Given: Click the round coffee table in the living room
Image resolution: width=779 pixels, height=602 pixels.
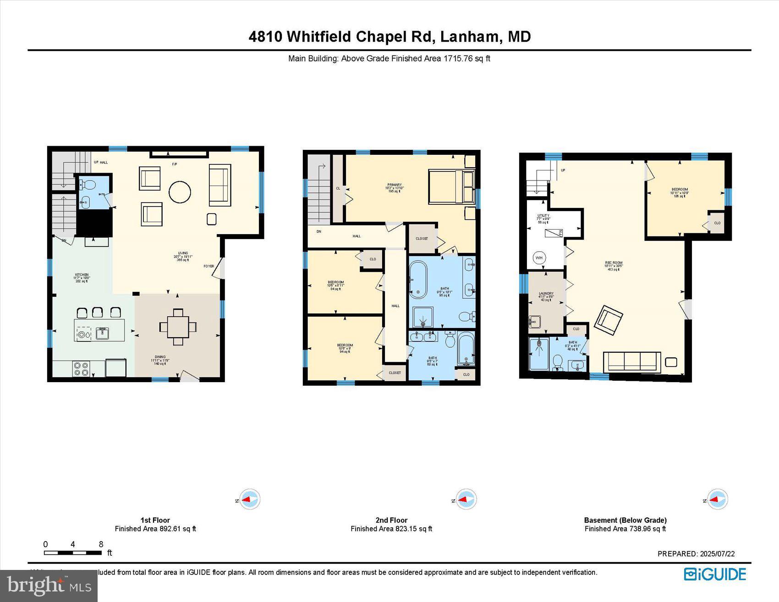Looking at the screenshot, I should (x=180, y=192).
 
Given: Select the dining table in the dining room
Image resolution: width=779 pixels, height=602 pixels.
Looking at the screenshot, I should (x=178, y=327).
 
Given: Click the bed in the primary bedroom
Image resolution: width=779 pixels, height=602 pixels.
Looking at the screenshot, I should (x=451, y=186).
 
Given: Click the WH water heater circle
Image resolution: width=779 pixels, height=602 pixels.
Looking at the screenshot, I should (x=539, y=258).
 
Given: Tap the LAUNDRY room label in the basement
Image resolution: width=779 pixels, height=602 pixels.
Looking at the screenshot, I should (x=546, y=294).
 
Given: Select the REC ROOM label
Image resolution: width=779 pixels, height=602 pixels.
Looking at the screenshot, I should (x=614, y=263).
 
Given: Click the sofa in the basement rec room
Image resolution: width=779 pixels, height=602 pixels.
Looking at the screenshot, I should (x=632, y=361).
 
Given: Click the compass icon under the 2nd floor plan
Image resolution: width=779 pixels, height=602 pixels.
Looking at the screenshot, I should (x=466, y=499).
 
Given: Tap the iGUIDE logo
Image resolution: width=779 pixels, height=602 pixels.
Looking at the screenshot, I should (x=715, y=574).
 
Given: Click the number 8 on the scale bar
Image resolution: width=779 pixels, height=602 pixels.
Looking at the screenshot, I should (x=101, y=544).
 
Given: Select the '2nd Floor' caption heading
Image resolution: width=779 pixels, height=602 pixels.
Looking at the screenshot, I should (x=391, y=520).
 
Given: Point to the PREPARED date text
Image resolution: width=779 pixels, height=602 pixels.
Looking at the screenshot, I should (x=696, y=553).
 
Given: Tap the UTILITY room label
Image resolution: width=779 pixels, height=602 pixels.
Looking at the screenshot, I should (x=543, y=216).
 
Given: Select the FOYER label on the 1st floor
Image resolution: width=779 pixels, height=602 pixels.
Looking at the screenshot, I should (x=208, y=266).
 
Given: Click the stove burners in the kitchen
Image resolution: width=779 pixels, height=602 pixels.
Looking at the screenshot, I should (x=82, y=369).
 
